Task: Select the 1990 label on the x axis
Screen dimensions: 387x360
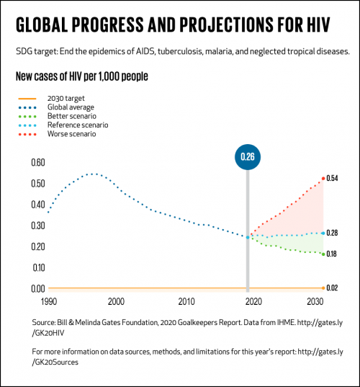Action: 48,301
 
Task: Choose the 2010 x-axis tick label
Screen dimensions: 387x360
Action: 186,301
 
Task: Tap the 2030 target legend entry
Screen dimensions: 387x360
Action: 66,98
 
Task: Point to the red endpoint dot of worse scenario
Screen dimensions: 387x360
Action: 323,178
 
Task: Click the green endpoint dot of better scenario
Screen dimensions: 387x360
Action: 323,254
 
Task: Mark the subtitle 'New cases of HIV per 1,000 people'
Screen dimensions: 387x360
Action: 84,76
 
